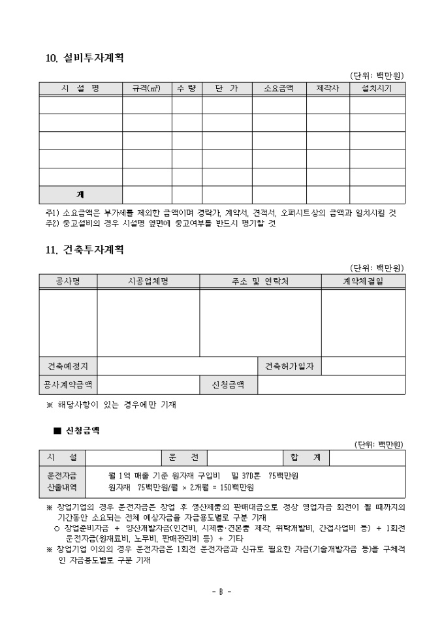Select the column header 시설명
tap(80, 88)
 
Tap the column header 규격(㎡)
tap(147, 88)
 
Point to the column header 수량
tap(187, 88)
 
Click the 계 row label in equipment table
tap(80, 195)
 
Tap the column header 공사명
tap(68, 281)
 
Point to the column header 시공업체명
tap(148, 281)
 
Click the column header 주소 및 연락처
tap(260, 281)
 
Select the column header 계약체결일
tap(363, 281)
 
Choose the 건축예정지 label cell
tap(68, 366)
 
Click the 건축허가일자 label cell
tap(289, 366)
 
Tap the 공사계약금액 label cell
tap(68, 385)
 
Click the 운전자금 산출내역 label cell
tap(62, 481)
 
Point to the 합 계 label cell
tap(306, 458)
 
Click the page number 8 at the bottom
tap(221, 591)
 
